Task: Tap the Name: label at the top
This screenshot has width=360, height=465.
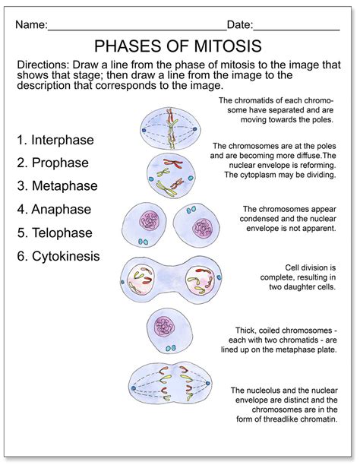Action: (x=30, y=24)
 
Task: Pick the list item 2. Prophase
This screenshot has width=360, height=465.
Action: (x=52, y=163)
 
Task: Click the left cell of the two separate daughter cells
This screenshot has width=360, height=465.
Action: (x=146, y=226)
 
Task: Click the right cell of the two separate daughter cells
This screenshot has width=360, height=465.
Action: (x=199, y=226)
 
